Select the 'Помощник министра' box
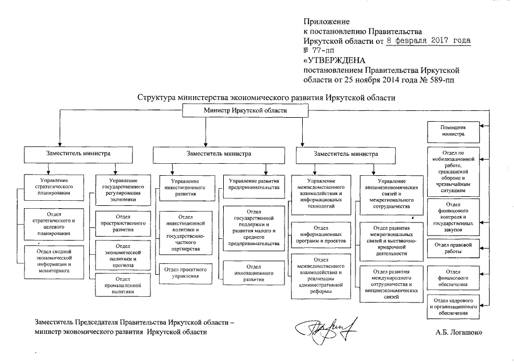453,131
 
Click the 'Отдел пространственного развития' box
123,224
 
